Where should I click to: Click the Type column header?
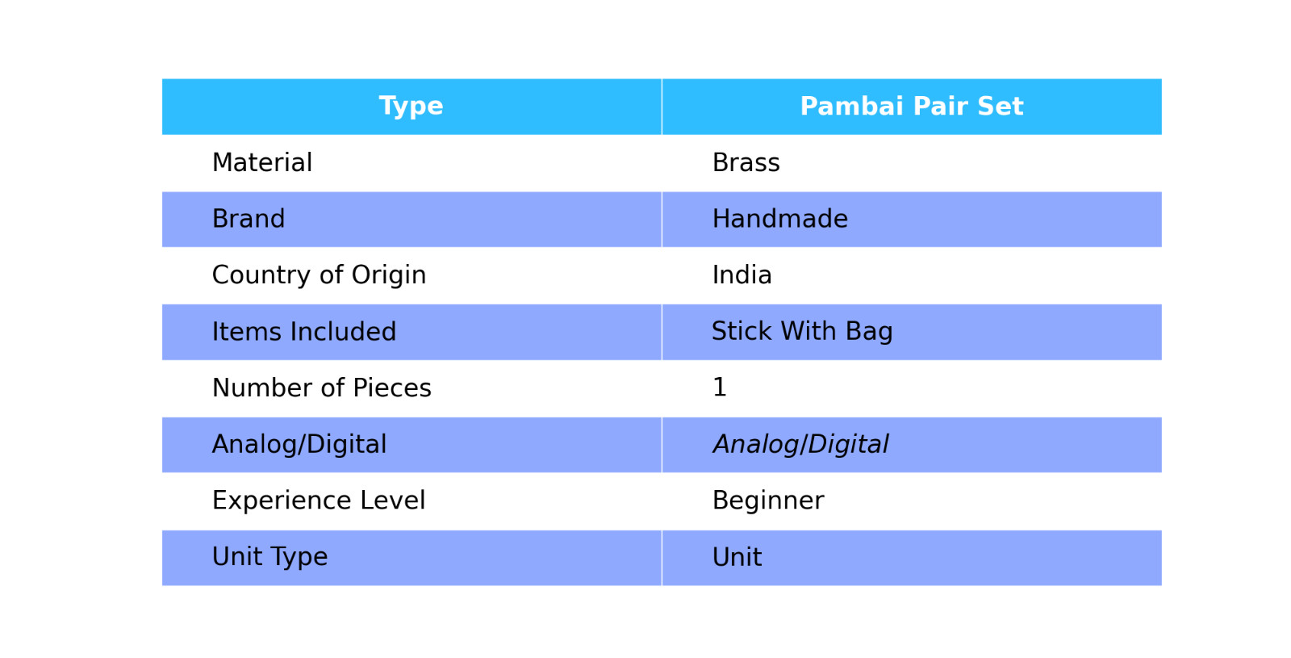click(x=411, y=107)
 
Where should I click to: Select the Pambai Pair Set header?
click(x=911, y=107)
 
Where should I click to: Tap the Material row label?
click(x=262, y=162)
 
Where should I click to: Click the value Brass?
click(x=746, y=162)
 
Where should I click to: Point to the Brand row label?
click(x=249, y=219)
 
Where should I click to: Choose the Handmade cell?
click(x=779, y=219)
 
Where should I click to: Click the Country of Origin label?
click(x=319, y=275)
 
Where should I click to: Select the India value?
click(x=742, y=275)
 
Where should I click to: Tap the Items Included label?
click(x=303, y=332)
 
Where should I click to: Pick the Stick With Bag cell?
click(x=802, y=332)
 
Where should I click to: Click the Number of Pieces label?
click(x=322, y=388)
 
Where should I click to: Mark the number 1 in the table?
click(x=719, y=387)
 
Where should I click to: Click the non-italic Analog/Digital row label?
click(x=299, y=445)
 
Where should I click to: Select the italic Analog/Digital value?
click(x=800, y=445)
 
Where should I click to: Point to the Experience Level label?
click(x=319, y=501)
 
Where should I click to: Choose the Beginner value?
click(x=768, y=501)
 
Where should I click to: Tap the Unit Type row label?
click(x=269, y=557)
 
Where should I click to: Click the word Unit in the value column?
click(x=737, y=557)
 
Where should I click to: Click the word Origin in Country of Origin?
click(x=389, y=276)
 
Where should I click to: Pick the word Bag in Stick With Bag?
click(x=869, y=332)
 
